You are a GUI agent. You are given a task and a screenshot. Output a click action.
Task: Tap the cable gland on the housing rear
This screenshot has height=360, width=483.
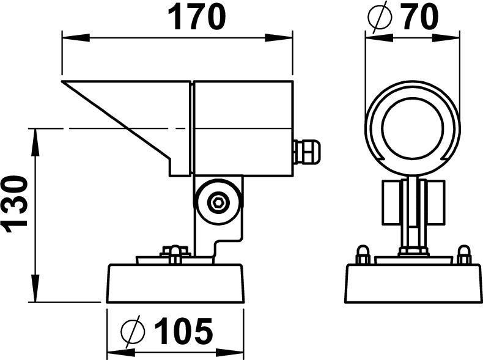(308, 152)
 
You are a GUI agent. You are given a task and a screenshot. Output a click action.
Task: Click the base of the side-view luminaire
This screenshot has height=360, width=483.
(175, 283)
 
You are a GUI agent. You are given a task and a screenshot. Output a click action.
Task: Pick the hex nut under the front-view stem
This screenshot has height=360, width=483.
(413, 251)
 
